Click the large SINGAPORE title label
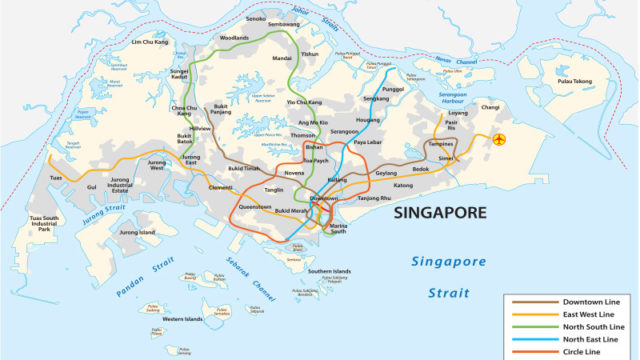click(439, 213)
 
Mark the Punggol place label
click(393, 88)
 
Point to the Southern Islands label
click(328, 272)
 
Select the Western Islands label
click(181, 319)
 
